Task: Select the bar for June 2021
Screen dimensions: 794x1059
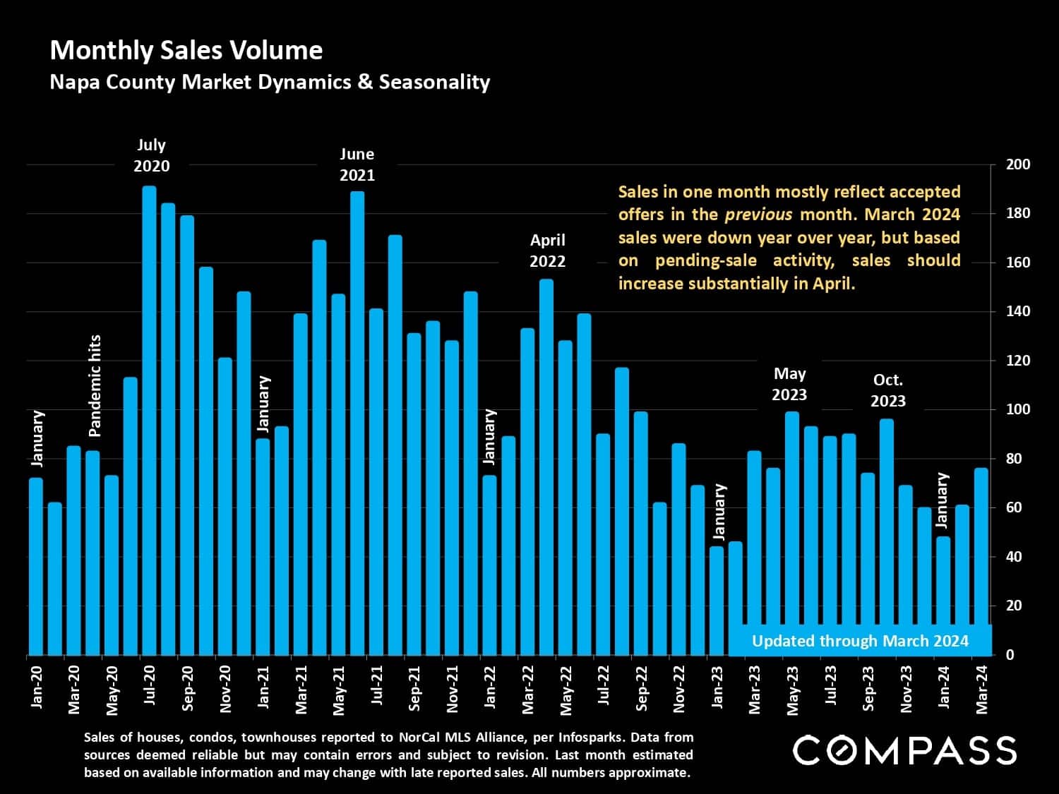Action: (x=357, y=423)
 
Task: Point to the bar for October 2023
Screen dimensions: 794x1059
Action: (x=887, y=537)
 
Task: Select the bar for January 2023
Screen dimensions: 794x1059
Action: (x=717, y=601)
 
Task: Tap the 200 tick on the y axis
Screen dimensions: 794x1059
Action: (x=1018, y=164)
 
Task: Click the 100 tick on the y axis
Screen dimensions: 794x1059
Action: (x=1018, y=409)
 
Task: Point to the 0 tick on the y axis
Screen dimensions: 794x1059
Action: (x=1010, y=655)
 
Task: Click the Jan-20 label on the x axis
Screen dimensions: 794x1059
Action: (x=37, y=687)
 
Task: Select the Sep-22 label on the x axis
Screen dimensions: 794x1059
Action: (x=642, y=688)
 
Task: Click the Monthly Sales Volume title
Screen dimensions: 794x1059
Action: (x=186, y=50)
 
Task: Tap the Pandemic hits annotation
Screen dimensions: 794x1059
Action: (x=95, y=385)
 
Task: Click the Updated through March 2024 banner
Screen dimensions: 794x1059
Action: (x=860, y=641)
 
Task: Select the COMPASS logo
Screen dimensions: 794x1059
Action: (x=904, y=750)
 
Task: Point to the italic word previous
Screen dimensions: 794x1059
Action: (x=758, y=215)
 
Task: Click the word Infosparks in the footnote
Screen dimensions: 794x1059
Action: (x=591, y=738)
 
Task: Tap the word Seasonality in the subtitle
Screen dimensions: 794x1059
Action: (x=434, y=82)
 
